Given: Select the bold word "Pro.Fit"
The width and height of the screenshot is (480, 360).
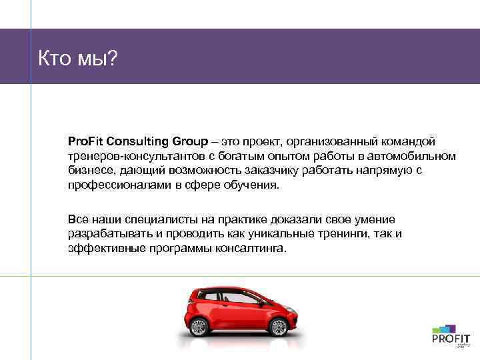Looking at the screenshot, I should click(85, 141).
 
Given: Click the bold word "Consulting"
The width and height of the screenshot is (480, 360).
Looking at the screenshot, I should click(137, 141).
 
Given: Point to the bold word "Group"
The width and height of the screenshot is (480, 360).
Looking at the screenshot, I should click(191, 141).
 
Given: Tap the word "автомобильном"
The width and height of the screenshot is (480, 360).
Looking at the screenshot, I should click(418, 156).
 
